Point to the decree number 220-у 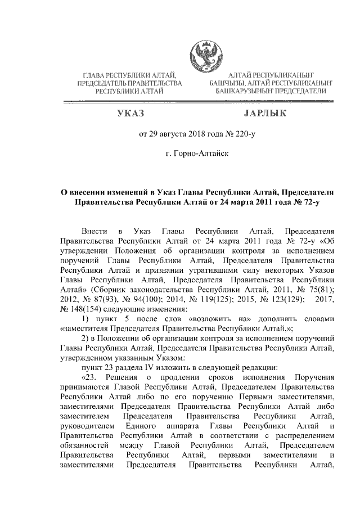pos(241,134)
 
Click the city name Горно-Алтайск pos(201,152)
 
